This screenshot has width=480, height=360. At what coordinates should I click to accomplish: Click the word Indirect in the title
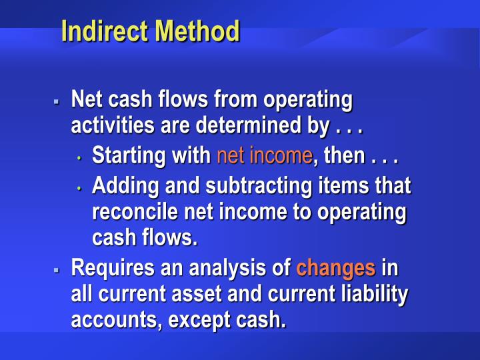(x=103, y=31)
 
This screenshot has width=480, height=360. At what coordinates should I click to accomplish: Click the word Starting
(x=129, y=155)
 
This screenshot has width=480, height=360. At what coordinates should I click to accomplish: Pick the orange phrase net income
(x=264, y=155)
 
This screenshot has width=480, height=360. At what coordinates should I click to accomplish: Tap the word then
(x=345, y=155)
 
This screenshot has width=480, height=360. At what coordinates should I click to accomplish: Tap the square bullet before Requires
(x=57, y=270)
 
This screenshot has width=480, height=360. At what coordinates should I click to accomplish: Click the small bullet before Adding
(x=79, y=188)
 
